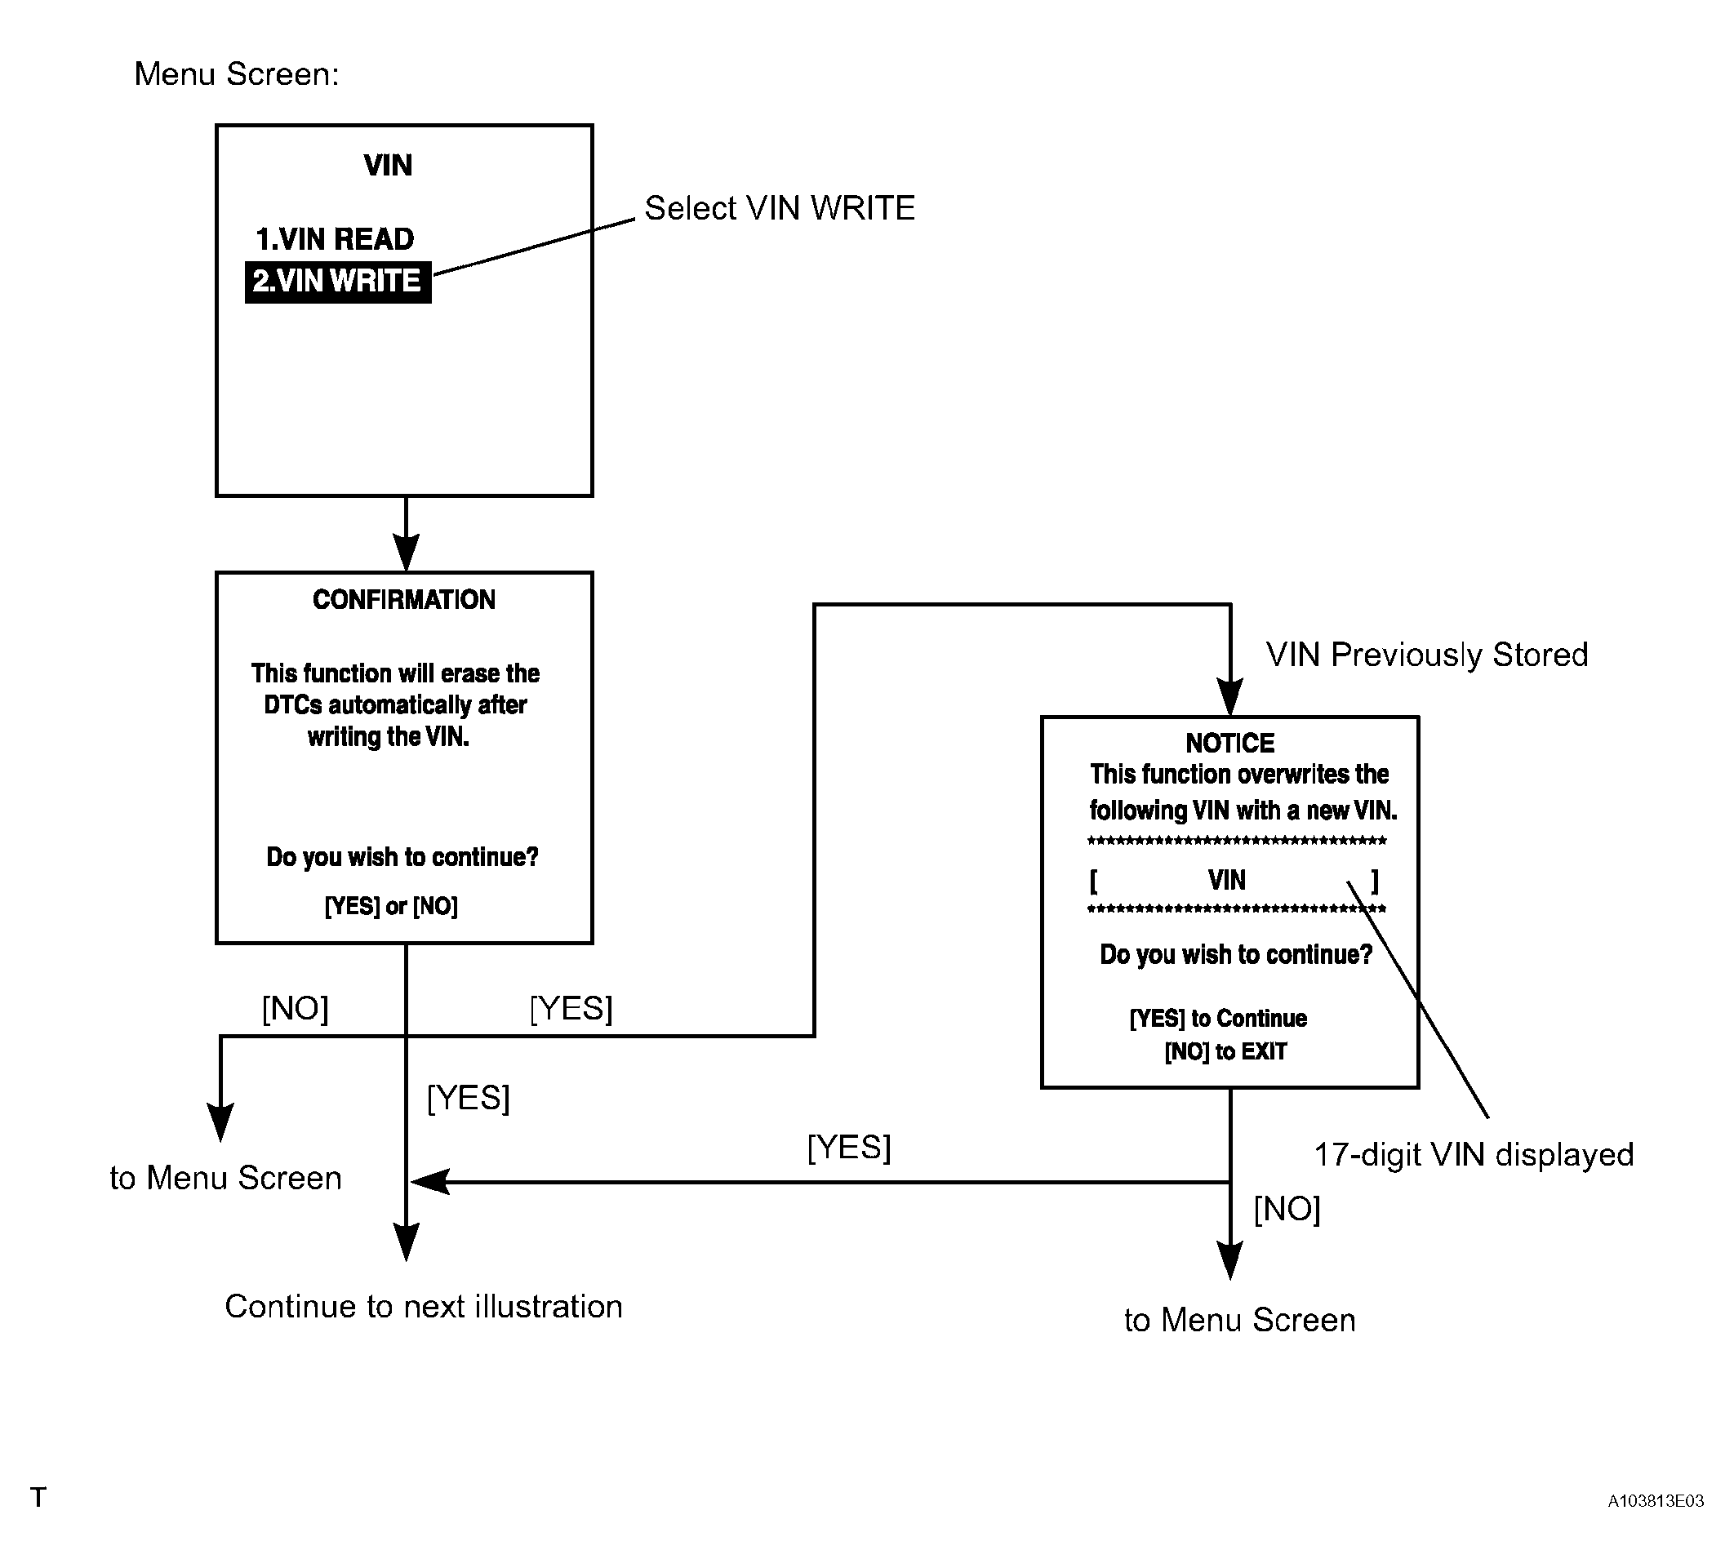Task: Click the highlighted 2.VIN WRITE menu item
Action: tap(338, 282)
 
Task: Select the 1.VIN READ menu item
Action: tap(335, 238)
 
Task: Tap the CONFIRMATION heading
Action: tap(404, 599)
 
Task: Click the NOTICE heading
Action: tap(1230, 742)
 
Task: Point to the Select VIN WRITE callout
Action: tap(780, 208)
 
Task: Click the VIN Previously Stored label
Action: tap(1427, 655)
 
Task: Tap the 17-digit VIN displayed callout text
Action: tap(1474, 1154)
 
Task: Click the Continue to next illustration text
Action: tap(423, 1306)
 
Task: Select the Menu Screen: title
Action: tap(237, 74)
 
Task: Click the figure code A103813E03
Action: tap(1656, 1501)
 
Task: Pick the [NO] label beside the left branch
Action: tap(295, 1008)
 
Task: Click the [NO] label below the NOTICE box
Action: tap(1287, 1209)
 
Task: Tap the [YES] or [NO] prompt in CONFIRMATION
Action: tap(391, 906)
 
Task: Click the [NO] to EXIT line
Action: tap(1225, 1051)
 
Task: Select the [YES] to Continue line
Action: tap(1218, 1019)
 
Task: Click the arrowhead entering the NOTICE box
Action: tap(1230, 697)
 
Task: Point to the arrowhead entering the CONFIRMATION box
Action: tap(406, 553)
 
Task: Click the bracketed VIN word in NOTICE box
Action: tap(1226, 880)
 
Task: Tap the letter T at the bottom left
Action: tap(38, 1498)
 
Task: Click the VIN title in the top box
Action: tap(388, 165)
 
